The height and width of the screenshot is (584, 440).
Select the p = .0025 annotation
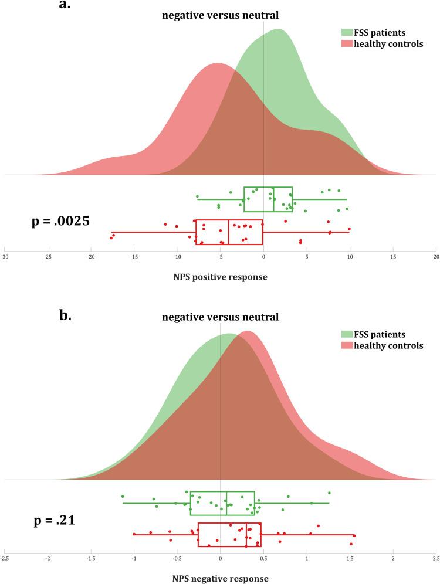point(60,222)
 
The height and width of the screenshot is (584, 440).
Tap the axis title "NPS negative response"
point(221,578)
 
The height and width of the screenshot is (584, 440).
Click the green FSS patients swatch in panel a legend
point(346,32)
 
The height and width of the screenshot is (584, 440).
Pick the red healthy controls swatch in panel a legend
point(346,44)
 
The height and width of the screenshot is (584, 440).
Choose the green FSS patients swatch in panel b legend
point(346,334)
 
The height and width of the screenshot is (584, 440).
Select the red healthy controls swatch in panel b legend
point(346,346)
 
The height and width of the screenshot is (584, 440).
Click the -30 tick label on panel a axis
point(5,257)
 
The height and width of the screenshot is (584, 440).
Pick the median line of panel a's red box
point(229,232)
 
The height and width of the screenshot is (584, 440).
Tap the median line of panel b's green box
point(226,502)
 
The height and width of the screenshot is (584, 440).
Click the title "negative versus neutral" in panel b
point(220,317)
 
